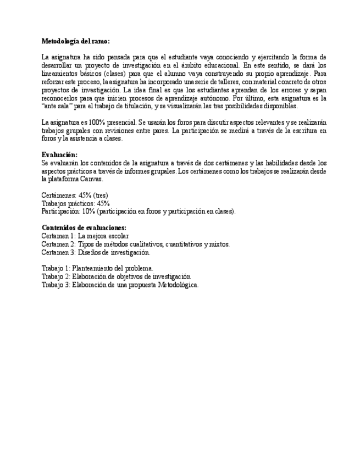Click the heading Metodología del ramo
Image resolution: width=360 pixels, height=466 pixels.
[x=75, y=41]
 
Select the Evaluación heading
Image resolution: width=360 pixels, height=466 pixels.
[x=59, y=155]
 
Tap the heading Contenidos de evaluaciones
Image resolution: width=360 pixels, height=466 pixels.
[x=84, y=228]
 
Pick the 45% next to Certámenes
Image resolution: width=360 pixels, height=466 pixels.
[x=85, y=195]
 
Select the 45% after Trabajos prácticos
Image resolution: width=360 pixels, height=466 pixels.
[x=103, y=203]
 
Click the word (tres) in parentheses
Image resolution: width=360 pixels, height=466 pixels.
[x=101, y=195]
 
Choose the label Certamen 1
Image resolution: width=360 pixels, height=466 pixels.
[x=58, y=236]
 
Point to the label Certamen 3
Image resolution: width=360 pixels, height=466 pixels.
[x=58, y=252]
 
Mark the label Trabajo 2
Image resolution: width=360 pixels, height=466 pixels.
[x=56, y=276]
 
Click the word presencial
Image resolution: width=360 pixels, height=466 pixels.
[x=122, y=123]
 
